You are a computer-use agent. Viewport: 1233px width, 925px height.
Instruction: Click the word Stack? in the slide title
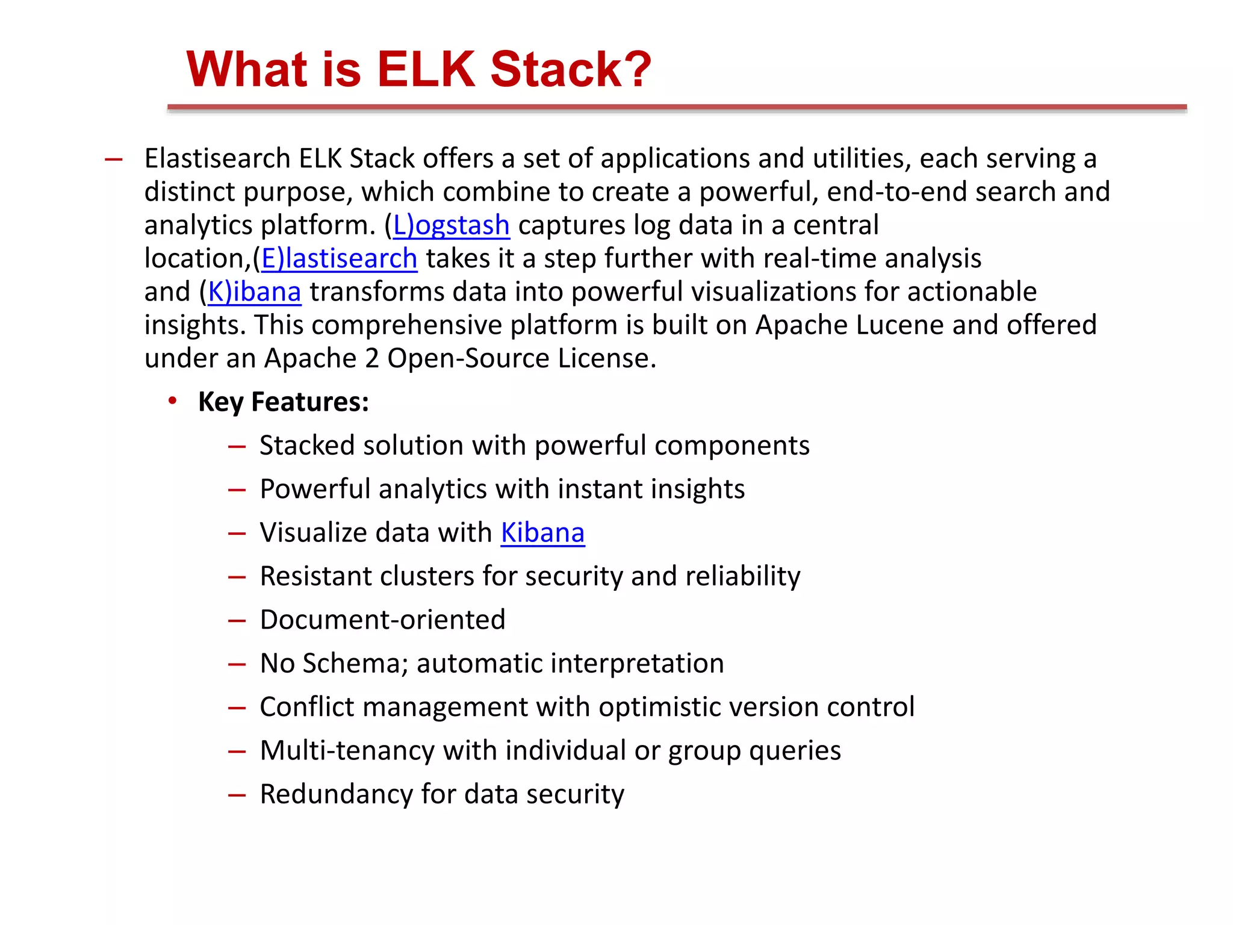pos(571,69)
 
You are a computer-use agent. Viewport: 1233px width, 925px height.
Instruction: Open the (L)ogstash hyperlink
pos(451,225)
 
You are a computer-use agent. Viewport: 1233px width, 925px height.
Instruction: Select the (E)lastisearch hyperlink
pos(339,258)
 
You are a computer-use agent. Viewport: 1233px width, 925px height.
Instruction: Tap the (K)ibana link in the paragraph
pos(254,292)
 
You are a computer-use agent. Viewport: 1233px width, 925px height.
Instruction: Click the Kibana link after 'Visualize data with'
pos(542,533)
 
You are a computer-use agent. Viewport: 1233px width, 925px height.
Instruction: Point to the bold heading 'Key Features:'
pos(284,402)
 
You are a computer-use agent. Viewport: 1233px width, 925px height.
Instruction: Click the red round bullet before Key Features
pos(173,400)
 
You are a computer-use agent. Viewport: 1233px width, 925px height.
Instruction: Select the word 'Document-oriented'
pos(382,620)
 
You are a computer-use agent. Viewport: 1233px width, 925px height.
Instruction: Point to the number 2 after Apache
pos(371,358)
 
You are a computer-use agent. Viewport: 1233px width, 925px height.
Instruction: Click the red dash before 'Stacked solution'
pos(237,447)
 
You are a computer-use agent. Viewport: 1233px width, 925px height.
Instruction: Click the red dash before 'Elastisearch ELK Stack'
pos(113,160)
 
